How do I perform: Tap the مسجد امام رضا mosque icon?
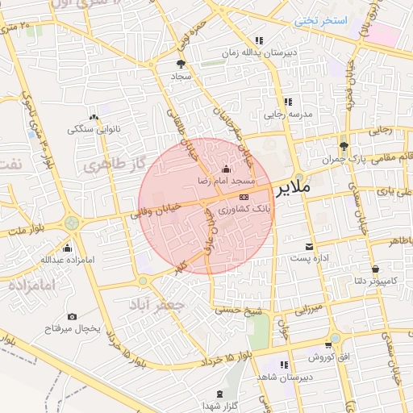pos(225,170)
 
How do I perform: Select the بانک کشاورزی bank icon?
pos(244,197)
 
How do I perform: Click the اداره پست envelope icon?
pos(308,245)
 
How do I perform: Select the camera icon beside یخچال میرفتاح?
pos(73,317)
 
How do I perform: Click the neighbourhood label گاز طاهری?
pos(113,165)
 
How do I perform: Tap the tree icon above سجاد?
pos(181,63)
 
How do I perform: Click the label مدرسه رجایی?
pos(288,115)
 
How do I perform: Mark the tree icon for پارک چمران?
pos(344,146)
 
